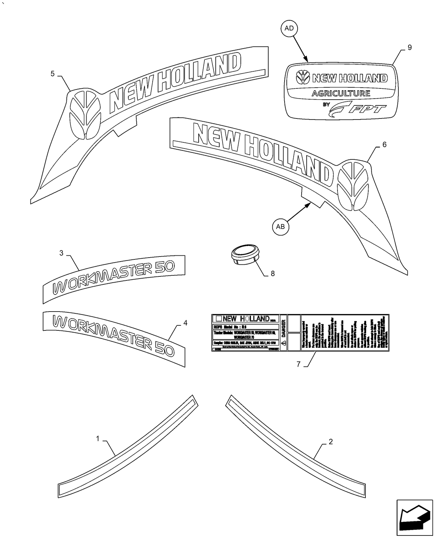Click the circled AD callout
coord(289,28)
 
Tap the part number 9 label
coord(410,47)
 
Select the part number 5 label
coord(53,74)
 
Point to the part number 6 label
coord(384,145)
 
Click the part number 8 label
coord(273,274)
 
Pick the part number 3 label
coord(61,253)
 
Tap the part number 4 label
coord(185,323)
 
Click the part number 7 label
coord(298,364)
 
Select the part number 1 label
coord(98,439)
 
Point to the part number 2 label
coord(330,441)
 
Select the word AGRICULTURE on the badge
coord(341,93)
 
